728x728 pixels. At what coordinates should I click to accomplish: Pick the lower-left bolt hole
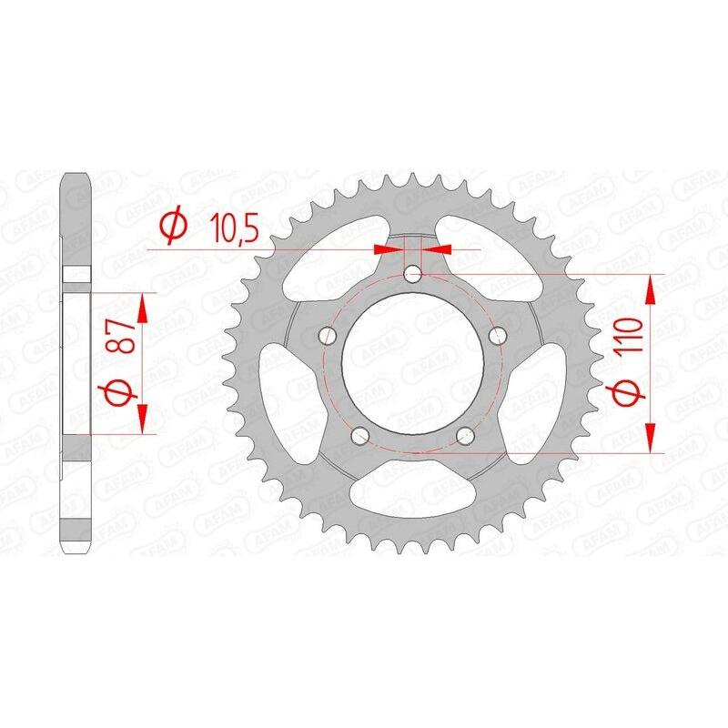[x=359, y=434]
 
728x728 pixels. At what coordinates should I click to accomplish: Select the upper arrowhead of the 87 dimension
[x=142, y=306]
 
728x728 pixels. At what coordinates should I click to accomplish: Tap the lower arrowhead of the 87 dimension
[x=142, y=421]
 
